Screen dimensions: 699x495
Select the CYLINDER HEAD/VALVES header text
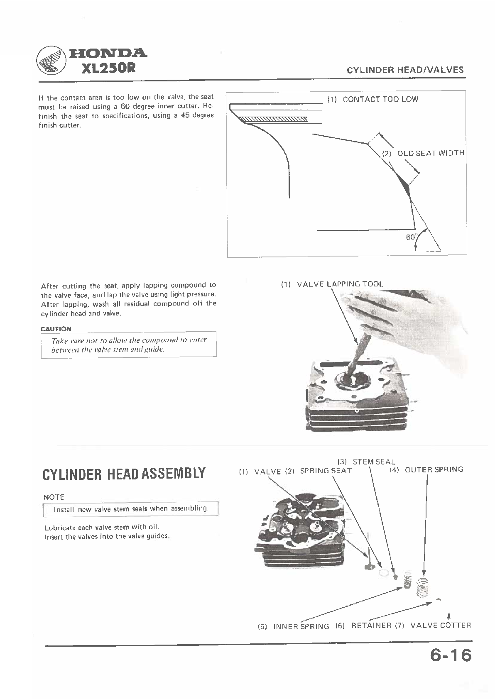tap(405, 70)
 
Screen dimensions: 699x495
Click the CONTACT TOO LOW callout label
tap(380, 99)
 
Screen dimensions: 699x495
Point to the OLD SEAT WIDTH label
tap(430, 153)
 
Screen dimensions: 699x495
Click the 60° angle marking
tap(411, 237)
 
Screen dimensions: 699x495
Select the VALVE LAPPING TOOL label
tap(340, 284)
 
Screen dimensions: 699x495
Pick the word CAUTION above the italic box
tap(56, 329)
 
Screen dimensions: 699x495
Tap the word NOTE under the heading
tap(54, 497)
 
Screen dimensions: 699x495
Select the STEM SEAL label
tap(374, 462)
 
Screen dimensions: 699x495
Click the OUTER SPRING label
tap(434, 470)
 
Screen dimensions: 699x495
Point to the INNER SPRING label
tap(301, 626)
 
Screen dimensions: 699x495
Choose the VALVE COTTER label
tap(440, 626)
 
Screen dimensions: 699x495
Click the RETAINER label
tap(371, 626)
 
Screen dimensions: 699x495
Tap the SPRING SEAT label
tap(326, 471)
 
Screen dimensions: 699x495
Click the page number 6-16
tap(451, 656)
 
